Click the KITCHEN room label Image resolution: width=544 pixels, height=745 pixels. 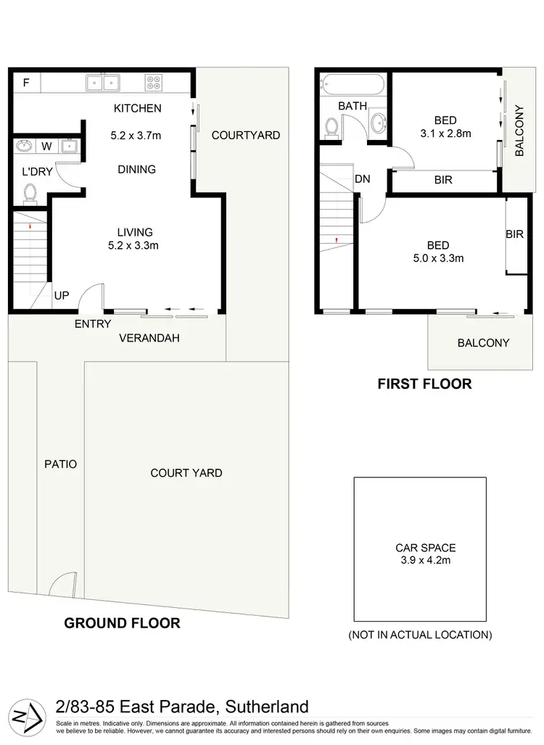point(137,109)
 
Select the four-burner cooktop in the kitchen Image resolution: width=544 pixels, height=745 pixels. point(153,83)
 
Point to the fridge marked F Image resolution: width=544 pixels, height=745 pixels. point(26,83)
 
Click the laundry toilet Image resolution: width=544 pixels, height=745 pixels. point(30,193)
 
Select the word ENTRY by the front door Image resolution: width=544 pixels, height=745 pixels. point(93,324)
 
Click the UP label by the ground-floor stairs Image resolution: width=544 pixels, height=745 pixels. point(61,296)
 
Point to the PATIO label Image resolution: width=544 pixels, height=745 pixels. point(60,464)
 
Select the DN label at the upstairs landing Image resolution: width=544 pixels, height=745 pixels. point(363,179)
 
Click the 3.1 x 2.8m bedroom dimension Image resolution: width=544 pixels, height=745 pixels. point(445,133)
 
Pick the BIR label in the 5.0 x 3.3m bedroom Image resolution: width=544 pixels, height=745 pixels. point(515,234)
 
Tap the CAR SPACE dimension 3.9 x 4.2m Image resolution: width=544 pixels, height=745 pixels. point(425,560)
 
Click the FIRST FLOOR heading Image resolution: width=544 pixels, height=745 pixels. point(424,384)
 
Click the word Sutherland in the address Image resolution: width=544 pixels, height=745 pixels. point(268,707)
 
